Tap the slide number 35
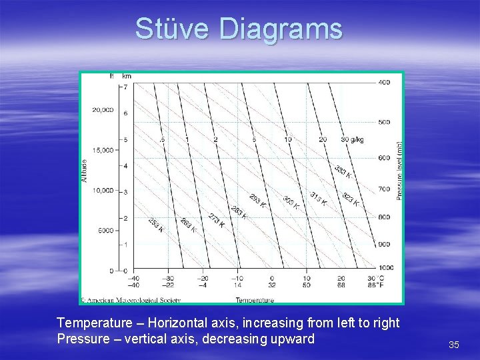[454, 345]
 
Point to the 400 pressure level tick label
[385, 82]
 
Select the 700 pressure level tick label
[385, 189]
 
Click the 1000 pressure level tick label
[386, 267]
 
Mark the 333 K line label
[343, 172]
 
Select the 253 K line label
[155, 225]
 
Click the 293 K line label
[257, 201]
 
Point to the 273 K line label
[217, 220]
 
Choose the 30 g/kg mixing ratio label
[352, 139]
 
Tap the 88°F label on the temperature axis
[375, 285]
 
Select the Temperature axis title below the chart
[255, 300]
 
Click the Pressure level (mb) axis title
[399, 170]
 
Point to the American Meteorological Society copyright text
[131, 300]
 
